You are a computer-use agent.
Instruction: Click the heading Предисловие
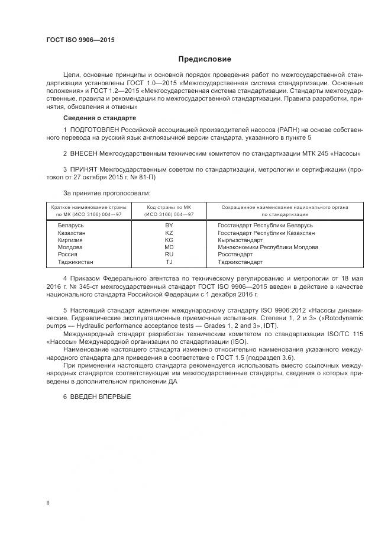(205, 59)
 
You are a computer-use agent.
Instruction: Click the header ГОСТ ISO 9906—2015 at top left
(80, 40)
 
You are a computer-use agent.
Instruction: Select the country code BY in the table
(169, 226)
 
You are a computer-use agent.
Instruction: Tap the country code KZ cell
(169, 233)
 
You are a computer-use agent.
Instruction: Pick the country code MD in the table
(169, 247)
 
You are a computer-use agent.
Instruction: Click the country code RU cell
(169, 255)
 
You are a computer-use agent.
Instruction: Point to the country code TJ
(169, 262)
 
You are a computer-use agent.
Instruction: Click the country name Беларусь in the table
(71, 226)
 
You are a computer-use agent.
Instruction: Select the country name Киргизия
(70, 240)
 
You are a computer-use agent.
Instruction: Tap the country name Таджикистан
(75, 262)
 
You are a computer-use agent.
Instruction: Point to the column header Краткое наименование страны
(83, 207)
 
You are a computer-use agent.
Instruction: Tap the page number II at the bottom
(48, 503)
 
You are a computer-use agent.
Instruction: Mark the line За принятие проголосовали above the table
(106, 193)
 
